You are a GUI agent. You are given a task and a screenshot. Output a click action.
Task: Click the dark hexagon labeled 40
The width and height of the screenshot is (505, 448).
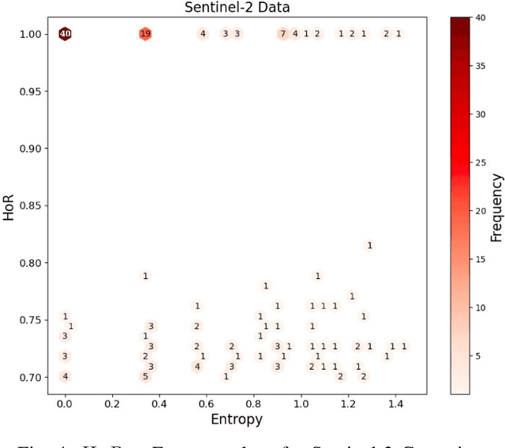(x=65, y=34)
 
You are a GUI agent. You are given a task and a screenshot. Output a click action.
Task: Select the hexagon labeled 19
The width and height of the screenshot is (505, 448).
(x=145, y=34)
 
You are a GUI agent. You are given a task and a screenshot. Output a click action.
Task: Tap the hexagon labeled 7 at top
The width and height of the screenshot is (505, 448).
(x=282, y=34)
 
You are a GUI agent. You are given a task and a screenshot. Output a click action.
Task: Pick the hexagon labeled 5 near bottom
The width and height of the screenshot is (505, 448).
(x=145, y=377)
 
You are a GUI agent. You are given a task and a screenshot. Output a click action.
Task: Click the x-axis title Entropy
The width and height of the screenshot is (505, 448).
(x=236, y=420)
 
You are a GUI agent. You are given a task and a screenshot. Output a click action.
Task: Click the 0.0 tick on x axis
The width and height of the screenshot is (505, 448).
(x=65, y=403)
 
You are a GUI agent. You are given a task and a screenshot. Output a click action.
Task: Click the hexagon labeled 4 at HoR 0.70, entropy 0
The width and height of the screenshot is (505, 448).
(x=65, y=377)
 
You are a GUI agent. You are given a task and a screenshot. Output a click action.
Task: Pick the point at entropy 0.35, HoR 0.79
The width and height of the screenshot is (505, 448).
(x=145, y=277)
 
